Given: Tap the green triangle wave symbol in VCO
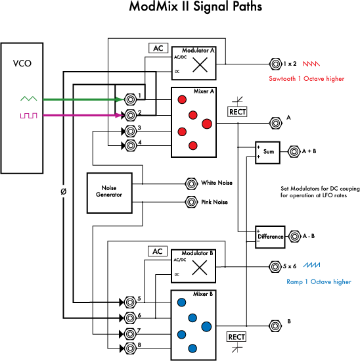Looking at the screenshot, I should point(28,99).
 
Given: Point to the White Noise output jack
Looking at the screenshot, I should point(191,182).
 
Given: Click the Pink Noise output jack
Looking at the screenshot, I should point(191,202).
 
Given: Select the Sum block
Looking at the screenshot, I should point(268,152).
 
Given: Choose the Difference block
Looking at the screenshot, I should point(270,236).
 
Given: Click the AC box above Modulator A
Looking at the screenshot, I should point(158,49).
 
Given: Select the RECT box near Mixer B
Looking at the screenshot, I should point(236,337).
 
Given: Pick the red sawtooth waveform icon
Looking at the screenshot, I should point(311,64).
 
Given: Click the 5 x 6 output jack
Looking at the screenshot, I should point(275,267).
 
